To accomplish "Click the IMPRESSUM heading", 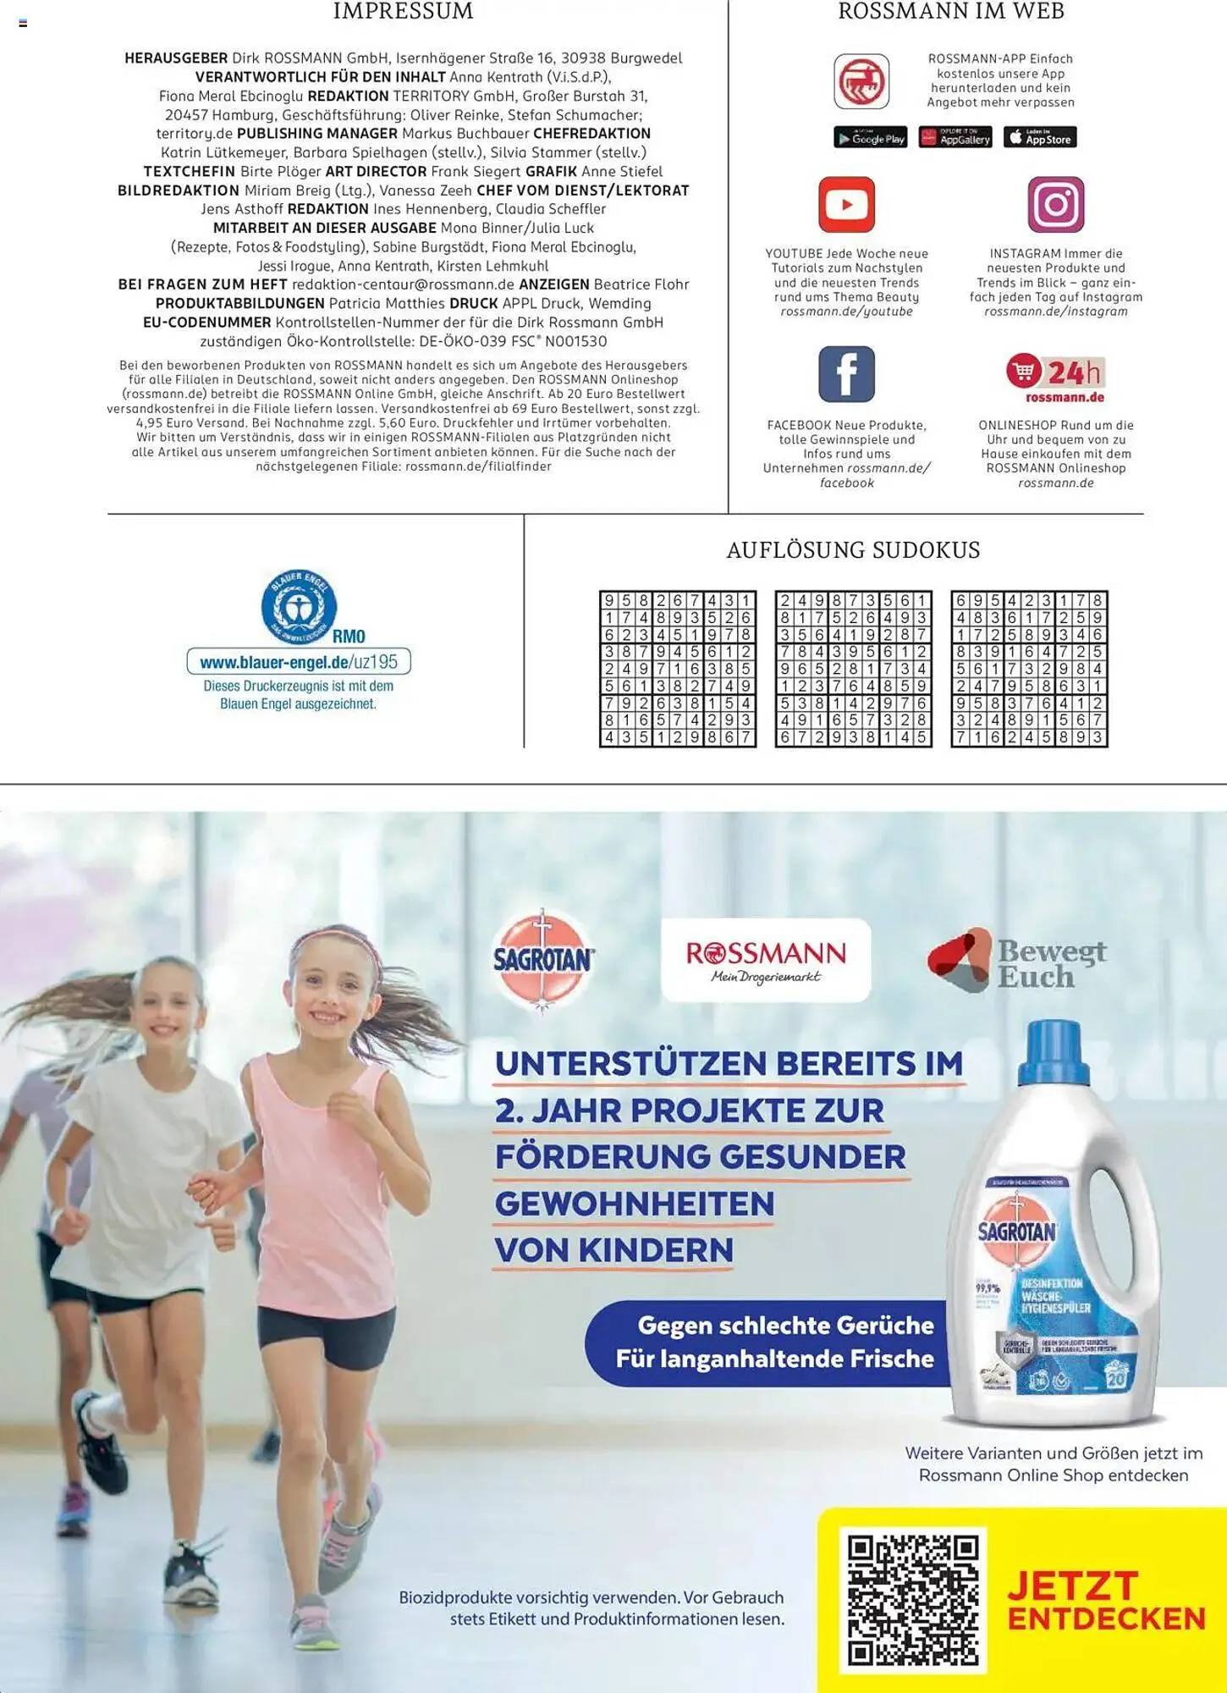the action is pyautogui.click(x=403, y=12).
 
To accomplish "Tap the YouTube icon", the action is pyautogui.click(x=846, y=205).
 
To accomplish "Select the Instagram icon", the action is pyautogui.click(x=1055, y=205).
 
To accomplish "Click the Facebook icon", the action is pyautogui.click(x=846, y=374).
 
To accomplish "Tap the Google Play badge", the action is pyautogui.click(x=870, y=138).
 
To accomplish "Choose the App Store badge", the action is pyautogui.click(x=1040, y=138).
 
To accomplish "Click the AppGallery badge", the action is pyautogui.click(x=955, y=138).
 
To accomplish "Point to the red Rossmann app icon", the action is pyautogui.click(x=861, y=81).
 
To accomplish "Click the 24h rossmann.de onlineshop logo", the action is pyautogui.click(x=1055, y=378).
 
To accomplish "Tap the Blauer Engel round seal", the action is pyautogui.click(x=299, y=606).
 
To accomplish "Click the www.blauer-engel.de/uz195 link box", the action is pyautogui.click(x=299, y=662).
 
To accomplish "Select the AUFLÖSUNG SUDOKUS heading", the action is pyautogui.click(x=853, y=550).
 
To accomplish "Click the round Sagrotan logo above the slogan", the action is pyautogui.click(x=543, y=960).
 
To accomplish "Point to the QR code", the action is pyautogui.click(x=913, y=1601).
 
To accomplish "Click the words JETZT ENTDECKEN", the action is pyautogui.click(x=1105, y=1601).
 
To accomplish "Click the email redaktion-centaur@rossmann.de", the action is pyautogui.click(x=403, y=284).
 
